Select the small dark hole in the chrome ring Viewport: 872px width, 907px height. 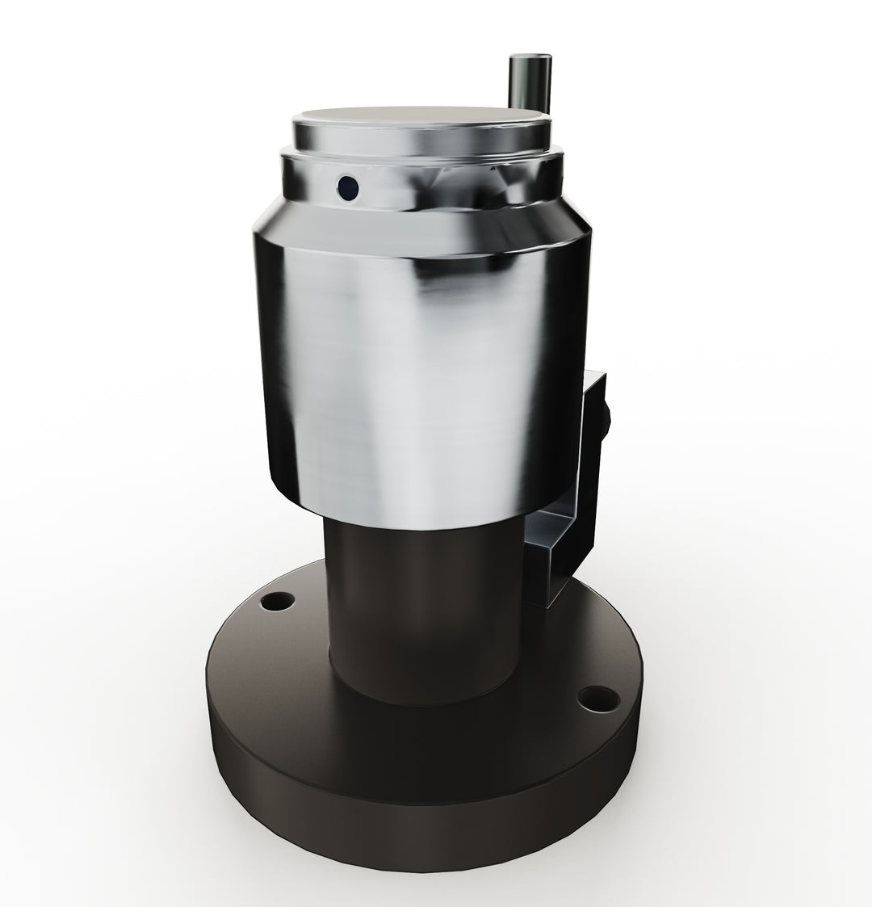click(x=348, y=188)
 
